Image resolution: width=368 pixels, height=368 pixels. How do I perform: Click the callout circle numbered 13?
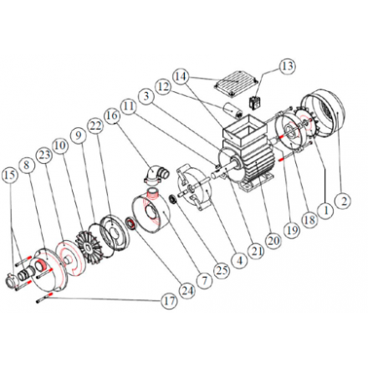[x=287, y=66]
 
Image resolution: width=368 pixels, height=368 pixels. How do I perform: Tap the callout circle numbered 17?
[x=170, y=301]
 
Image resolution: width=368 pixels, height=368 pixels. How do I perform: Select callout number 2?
[x=345, y=201]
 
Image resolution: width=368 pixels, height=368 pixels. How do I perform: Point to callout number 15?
[x=9, y=175]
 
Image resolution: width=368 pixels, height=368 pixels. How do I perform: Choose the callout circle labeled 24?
[x=187, y=291]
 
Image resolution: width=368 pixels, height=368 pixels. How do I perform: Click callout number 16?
[x=112, y=115]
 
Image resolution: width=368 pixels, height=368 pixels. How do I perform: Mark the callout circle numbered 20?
[x=273, y=240]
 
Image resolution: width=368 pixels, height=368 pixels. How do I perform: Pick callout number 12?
[x=163, y=87]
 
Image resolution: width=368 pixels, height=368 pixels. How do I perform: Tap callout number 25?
[x=222, y=270]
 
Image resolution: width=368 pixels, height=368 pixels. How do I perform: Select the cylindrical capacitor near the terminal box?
[x=233, y=110]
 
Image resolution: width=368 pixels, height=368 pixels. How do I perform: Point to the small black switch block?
[x=254, y=103]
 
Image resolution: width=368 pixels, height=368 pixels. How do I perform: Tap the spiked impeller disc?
[x=88, y=247]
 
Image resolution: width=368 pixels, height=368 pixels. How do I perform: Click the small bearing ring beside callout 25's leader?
[x=173, y=200]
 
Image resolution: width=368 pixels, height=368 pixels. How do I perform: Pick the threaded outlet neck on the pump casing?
[x=151, y=193]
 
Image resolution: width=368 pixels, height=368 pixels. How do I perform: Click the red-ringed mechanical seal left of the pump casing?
[x=131, y=223]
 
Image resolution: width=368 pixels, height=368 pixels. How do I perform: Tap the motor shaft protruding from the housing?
[x=224, y=171]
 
